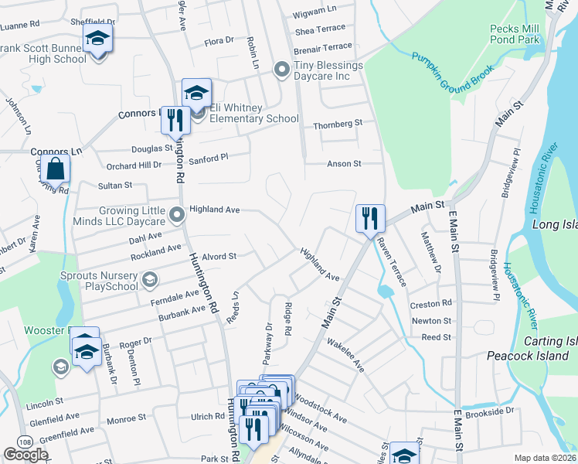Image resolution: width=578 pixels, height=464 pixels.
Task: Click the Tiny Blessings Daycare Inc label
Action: (328, 70)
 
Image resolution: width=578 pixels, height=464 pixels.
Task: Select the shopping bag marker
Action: (56, 169)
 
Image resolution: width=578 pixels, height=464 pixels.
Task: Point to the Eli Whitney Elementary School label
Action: (249, 113)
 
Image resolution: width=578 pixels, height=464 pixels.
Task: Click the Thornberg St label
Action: (338, 124)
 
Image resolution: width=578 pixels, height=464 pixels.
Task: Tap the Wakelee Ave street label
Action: (345, 353)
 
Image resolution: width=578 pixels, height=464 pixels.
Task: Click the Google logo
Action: (26, 454)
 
